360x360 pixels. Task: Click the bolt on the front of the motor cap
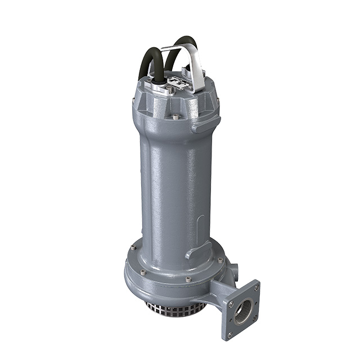point(175,117)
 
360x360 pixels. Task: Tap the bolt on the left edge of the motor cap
point(133,101)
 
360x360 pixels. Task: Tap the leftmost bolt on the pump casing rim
point(133,247)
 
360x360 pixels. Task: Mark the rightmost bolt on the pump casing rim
point(220,260)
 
